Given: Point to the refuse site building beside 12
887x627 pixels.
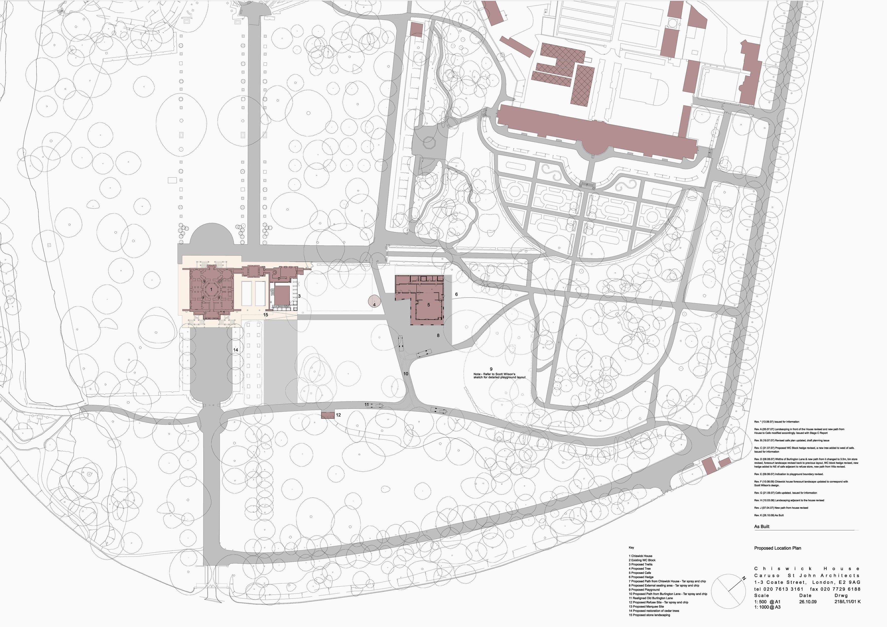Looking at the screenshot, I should (x=328, y=415).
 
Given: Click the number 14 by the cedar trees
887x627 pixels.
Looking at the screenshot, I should (x=236, y=350).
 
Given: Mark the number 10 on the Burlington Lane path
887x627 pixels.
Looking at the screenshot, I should (x=406, y=374).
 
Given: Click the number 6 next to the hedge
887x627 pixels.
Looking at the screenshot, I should (x=456, y=295).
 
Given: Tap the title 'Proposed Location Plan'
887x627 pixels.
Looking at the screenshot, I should (x=778, y=548).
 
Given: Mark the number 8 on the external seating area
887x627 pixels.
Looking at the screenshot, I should (x=438, y=336).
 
